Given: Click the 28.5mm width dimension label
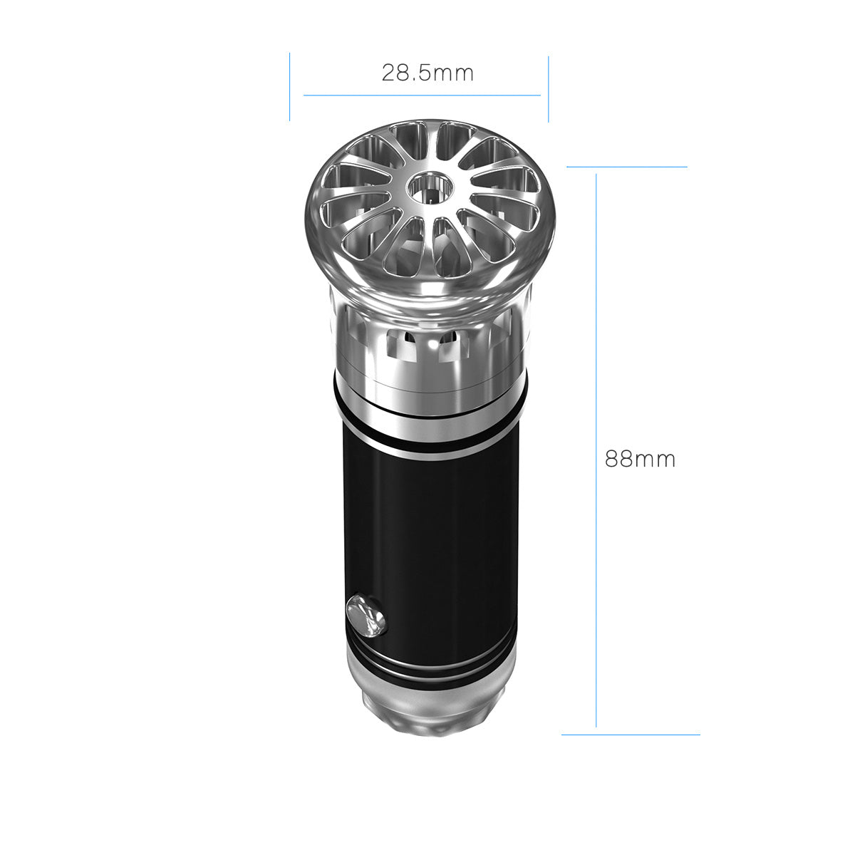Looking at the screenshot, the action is coord(427,73).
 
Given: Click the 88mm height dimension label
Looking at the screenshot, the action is coord(640,459).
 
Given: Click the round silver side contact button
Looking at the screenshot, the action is coord(366,616).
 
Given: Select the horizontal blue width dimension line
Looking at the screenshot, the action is coord(422,95).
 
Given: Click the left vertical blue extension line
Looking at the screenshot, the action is coord(290,86).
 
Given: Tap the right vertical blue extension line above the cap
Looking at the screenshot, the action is coord(549,89).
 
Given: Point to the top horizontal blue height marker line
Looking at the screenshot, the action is coord(627,167).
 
